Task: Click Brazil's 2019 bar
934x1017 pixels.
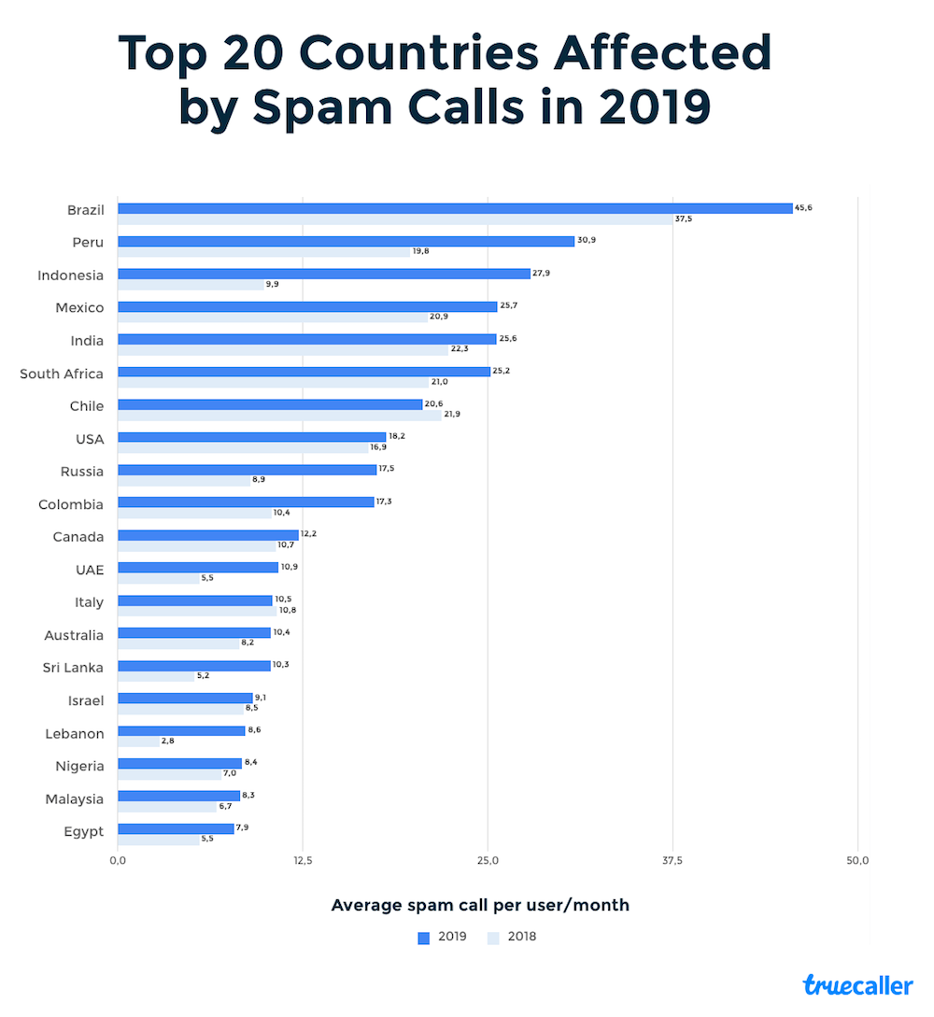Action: coord(455,208)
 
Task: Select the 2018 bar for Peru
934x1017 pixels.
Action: coord(263,252)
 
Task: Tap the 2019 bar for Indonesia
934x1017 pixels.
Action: coord(323,274)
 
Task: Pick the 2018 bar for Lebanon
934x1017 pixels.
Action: coord(138,742)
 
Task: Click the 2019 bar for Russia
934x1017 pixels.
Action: coord(247,470)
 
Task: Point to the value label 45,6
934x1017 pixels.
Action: coord(803,207)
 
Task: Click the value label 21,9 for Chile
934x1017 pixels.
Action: coord(453,414)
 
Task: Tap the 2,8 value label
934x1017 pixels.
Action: coord(167,742)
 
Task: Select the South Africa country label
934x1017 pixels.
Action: coord(62,374)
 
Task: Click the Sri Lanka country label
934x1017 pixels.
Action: coord(73,668)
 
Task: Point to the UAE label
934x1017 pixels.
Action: coord(90,570)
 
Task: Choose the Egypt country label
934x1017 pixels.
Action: coord(83,831)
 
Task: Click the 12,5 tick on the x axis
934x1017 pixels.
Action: coord(302,861)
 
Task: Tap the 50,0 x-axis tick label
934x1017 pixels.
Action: coord(857,861)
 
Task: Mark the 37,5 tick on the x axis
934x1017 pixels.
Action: coord(672,861)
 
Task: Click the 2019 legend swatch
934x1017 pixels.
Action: coord(423,938)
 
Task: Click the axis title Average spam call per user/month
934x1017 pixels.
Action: coord(480,905)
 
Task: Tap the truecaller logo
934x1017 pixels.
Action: coord(857,984)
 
